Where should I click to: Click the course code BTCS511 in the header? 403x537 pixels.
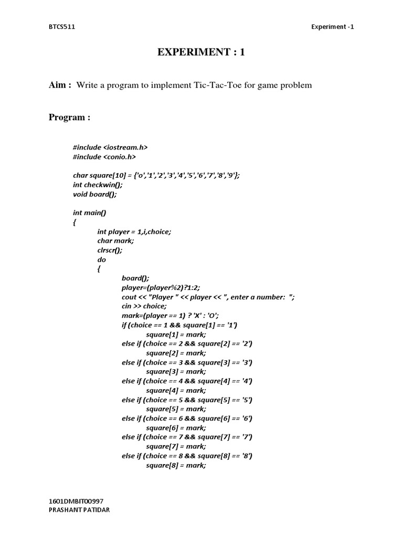[62, 27]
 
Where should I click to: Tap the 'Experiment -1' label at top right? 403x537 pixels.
[333, 27]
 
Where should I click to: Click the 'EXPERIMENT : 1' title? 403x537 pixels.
[201, 52]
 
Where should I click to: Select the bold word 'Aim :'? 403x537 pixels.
[60, 85]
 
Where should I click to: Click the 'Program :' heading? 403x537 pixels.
[69, 117]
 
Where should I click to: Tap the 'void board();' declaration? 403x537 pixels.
[94, 194]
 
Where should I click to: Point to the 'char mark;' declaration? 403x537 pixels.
[115, 241]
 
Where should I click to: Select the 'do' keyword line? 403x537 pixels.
[101, 260]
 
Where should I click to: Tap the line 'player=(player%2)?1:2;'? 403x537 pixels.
[161, 287]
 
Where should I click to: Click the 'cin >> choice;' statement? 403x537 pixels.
[144, 306]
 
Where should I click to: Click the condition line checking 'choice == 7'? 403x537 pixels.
[187, 437]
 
